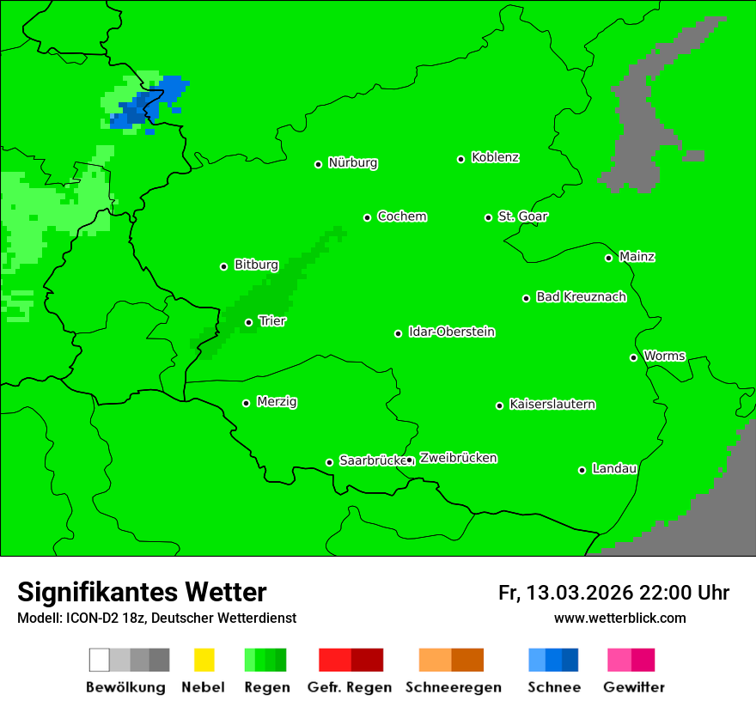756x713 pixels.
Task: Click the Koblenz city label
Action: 495,157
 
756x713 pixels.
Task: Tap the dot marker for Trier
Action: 248,322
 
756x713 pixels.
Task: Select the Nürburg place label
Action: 352,162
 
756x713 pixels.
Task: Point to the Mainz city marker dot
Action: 608,258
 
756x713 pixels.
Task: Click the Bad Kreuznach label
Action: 581,296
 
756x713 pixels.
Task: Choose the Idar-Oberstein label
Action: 452,332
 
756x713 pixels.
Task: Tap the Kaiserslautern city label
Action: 552,404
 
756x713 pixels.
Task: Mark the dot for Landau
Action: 582,470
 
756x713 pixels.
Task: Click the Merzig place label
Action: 277,401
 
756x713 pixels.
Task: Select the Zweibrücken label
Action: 458,458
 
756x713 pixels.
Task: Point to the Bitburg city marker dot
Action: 223,266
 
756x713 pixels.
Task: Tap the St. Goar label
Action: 522,216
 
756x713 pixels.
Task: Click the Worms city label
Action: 664,356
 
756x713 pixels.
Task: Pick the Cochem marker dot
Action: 367,217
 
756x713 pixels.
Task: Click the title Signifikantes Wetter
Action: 142,592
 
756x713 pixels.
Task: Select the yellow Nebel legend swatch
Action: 204,660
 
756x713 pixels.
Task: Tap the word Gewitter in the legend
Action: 633,687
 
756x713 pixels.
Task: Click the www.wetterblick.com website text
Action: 619,618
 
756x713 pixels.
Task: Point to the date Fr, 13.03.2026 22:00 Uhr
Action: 613,593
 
